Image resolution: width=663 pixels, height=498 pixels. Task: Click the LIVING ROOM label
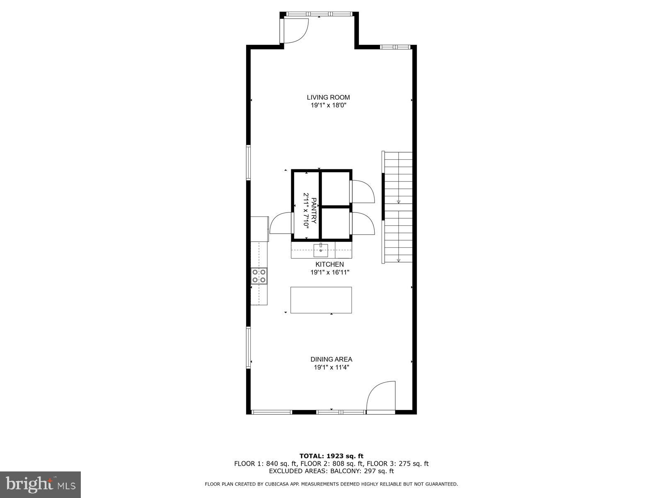coord(328,98)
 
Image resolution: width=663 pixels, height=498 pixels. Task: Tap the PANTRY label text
coord(314,210)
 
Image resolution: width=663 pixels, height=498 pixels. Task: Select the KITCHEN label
coord(329,264)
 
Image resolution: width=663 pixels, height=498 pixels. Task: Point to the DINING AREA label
coord(331,359)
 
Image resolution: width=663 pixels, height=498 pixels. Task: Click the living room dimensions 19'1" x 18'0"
coord(328,105)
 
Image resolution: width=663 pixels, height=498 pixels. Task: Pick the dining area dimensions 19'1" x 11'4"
coord(331,367)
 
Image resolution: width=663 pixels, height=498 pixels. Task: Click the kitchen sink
coord(321,249)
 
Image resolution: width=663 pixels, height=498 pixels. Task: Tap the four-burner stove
coord(259,276)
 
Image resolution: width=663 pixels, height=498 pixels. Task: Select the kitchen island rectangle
coord(321,300)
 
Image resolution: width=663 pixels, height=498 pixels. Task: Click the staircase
coord(398,207)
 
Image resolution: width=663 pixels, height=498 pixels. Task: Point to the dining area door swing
coord(380,397)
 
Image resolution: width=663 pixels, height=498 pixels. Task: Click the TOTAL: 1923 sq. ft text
coord(331,456)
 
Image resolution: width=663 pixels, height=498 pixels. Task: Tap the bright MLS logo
coord(41,484)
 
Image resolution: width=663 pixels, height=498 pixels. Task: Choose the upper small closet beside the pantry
coord(336,188)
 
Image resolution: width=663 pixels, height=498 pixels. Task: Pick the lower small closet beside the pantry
coord(336,223)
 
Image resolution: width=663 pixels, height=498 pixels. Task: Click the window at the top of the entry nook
coord(319,14)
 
